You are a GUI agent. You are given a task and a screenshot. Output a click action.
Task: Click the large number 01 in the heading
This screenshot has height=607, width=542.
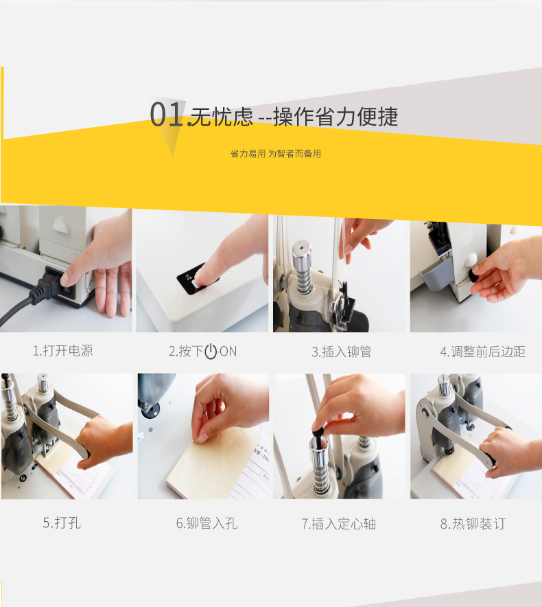coord(166,114)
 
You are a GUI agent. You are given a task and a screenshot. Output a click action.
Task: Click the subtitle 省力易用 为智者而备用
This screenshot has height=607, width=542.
coord(275,154)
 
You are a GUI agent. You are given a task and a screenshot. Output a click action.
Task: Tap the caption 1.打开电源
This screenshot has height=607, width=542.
coord(62,351)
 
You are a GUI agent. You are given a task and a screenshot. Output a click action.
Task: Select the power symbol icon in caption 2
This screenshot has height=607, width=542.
coord(211,351)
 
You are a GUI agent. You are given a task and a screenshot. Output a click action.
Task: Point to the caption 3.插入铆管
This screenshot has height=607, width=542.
coord(341,352)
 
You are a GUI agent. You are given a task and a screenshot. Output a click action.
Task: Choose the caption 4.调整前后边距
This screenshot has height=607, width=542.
coord(482,352)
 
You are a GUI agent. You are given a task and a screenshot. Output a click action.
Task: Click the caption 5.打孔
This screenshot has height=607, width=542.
coord(62,523)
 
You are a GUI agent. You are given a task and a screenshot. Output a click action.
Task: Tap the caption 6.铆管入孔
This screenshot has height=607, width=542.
coord(207,523)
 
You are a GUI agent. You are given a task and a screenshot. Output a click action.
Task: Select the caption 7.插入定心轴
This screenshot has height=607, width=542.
coord(338,524)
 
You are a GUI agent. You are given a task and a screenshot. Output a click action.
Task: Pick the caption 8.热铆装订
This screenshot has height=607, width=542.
coord(473,524)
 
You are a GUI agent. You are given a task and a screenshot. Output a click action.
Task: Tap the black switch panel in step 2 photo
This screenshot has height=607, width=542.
coord(196,279)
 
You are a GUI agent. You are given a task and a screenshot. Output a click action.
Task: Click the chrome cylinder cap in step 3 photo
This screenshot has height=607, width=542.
coord(301,253)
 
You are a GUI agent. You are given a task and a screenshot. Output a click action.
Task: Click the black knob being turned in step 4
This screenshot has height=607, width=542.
coord(474,275)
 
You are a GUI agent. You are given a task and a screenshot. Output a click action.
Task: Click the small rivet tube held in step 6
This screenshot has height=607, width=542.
coord(198,440)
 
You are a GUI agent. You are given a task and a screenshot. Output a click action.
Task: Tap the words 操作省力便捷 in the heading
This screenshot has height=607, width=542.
coord(335,117)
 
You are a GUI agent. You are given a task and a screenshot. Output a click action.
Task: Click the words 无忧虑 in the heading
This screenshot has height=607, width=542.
coord(222,117)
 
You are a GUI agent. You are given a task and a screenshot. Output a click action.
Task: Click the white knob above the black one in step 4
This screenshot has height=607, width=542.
coord(471,259)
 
